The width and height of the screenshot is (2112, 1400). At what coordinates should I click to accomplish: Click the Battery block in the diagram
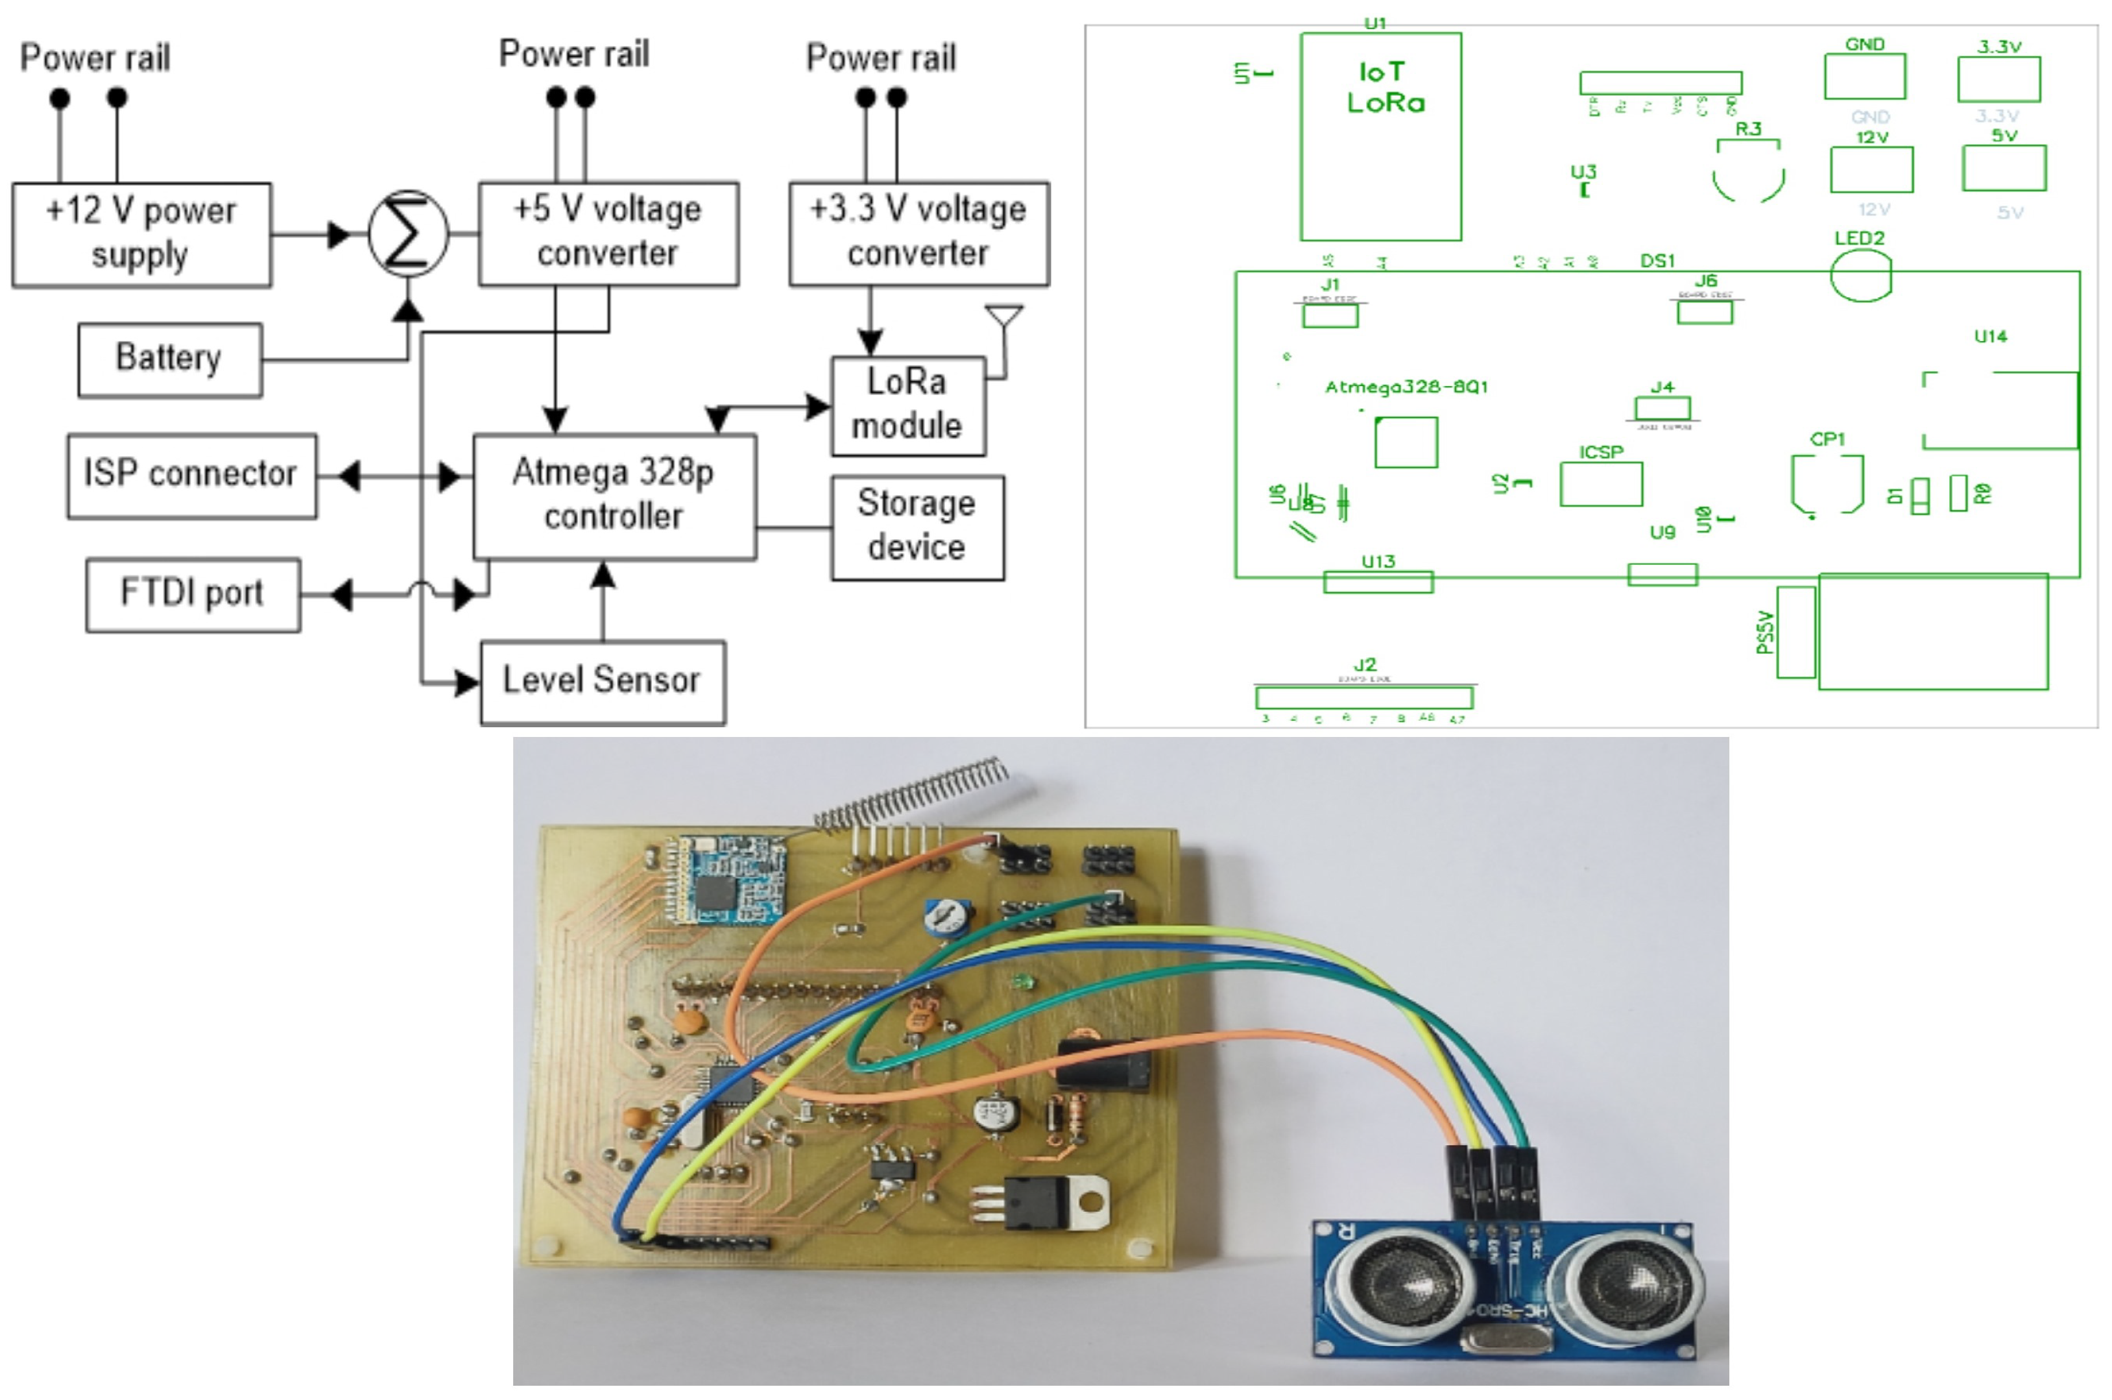tap(169, 359)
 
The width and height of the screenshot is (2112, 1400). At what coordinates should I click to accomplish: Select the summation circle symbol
tap(408, 234)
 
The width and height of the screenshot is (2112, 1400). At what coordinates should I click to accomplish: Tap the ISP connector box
tap(191, 475)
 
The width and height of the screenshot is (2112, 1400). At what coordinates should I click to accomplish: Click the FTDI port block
tap(192, 594)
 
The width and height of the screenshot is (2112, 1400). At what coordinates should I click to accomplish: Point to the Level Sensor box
tap(602, 681)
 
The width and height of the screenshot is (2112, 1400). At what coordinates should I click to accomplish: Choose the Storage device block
tap(916, 527)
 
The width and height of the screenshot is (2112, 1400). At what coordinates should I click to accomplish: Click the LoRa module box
tap(907, 405)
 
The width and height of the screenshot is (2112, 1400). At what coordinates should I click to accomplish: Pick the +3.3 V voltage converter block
tap(918, 233)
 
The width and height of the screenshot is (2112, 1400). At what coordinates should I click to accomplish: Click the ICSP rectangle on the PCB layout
tap(1600, 484)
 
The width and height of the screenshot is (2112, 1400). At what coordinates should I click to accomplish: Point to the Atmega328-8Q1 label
tap(1405, 387)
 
